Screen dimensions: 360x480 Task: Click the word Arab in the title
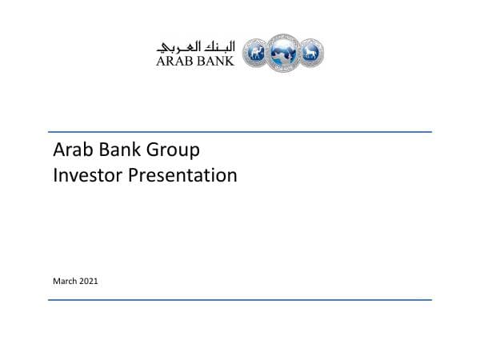click(x=70, y=150)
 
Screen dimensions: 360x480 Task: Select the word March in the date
click(x=65, y=281)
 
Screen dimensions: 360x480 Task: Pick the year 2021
click(x=89, y=281)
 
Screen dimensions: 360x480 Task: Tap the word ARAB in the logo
click(x=174, y=60)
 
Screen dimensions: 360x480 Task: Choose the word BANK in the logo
click(x=214, y=60)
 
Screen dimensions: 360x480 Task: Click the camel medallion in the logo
click(x=256, y=53)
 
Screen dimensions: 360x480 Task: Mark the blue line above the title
click(x=240, y=132)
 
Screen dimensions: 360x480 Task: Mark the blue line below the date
click(x=240, y=300)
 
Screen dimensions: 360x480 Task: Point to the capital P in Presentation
click(x=134, y=174)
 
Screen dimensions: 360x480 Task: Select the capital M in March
click(x=57, y=281)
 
